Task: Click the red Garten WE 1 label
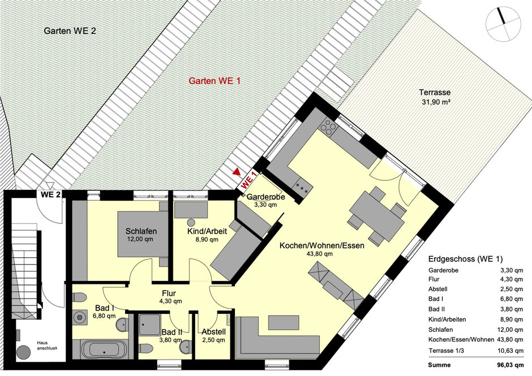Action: (214, 81)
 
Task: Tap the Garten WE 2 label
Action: (70, 31)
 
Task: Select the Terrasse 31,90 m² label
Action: (435, 97)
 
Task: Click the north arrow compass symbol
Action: (503, 25)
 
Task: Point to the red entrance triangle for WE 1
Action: (236, 172)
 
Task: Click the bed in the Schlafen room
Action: (143, 234)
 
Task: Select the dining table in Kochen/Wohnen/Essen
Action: (377, 216)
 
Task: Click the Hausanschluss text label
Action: (47, 345)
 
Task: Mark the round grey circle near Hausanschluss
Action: (24, 353)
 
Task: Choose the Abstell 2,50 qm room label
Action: (213, 336)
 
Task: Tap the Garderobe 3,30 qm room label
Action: (265, 201)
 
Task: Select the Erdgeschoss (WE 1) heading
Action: (465, 259)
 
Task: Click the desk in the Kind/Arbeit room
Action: (191, 210)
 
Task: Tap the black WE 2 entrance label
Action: (51, 195)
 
